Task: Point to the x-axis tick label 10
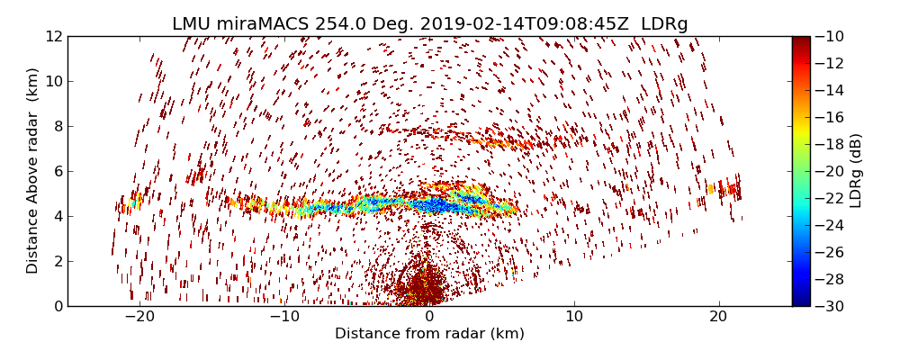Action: coord(574,317)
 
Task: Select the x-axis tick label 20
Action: coord(718,317)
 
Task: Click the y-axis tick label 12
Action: coord(53,37)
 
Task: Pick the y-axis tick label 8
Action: coord(57,127)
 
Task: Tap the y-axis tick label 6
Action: coord(57,172)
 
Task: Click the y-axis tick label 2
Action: coord(57,262)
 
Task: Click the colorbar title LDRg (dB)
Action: coord(856,170)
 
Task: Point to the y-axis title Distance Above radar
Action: coord(33,170)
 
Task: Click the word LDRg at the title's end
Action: coord(664,24)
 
